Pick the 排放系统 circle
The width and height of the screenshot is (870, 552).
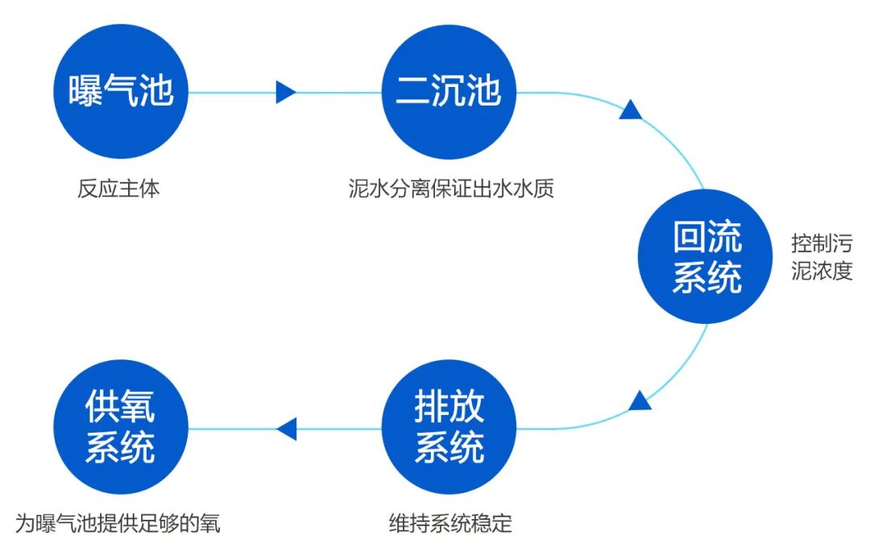(449, 428)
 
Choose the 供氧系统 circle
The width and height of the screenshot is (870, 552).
(121, 428)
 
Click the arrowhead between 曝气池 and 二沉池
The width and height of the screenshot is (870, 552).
(285, 92)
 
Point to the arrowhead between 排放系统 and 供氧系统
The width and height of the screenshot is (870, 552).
(287, 429)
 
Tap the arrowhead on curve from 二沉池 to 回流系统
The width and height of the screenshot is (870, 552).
(630, 110)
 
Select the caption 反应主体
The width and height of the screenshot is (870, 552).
(119, 189)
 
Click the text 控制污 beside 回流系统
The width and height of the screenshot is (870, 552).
(821, 243)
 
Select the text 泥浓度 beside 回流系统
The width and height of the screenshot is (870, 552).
(821, 271)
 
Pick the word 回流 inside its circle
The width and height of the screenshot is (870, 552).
(706, 239)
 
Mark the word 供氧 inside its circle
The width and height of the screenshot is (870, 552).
(121, 409)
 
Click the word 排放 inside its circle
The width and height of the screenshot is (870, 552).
(449, 409)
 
